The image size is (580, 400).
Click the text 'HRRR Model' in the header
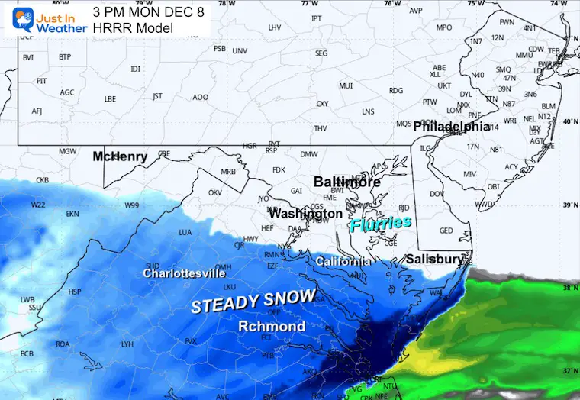133,28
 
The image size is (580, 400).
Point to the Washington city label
305,214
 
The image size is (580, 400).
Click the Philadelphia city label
451,127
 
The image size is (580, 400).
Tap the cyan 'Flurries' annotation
381,223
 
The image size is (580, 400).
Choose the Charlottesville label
184,273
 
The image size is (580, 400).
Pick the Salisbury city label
433,260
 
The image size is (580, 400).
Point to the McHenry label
120,156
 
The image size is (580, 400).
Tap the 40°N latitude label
569,121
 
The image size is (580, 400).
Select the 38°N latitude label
569,289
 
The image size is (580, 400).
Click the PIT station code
42,80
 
